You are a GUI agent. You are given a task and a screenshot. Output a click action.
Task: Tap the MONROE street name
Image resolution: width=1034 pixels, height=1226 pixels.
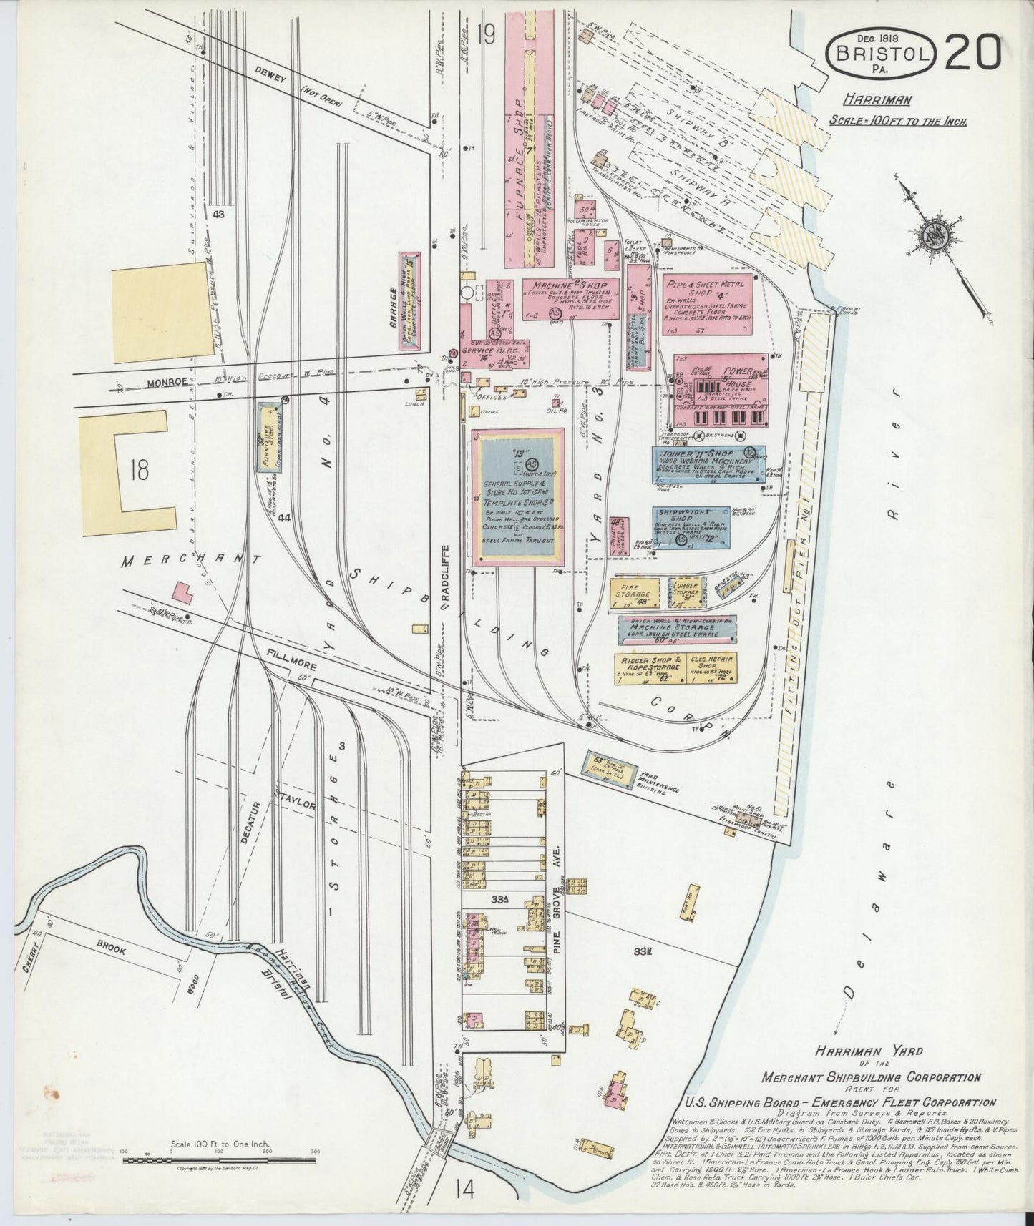pyautogui.click(x=169, y=381)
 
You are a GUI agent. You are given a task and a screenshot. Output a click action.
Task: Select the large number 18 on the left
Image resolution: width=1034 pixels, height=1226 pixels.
pyautogui.click(x=140, y=469)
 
